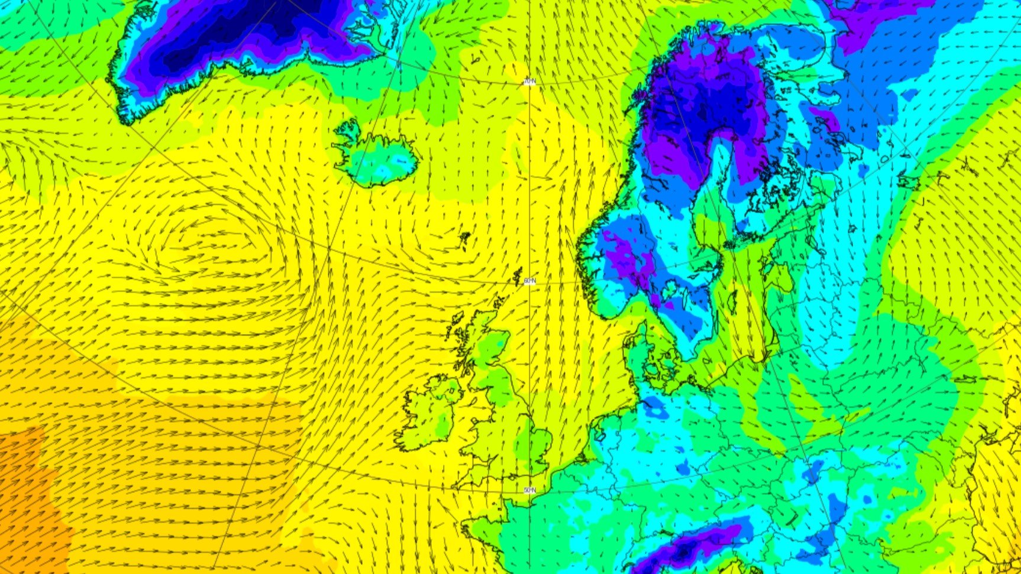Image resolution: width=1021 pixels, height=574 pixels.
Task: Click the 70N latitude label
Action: click(529, 82)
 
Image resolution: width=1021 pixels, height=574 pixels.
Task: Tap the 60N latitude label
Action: click(529, 281)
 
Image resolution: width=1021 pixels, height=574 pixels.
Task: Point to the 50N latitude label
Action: click(530, 490)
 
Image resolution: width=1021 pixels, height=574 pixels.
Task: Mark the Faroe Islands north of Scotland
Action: click(465, 239)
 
